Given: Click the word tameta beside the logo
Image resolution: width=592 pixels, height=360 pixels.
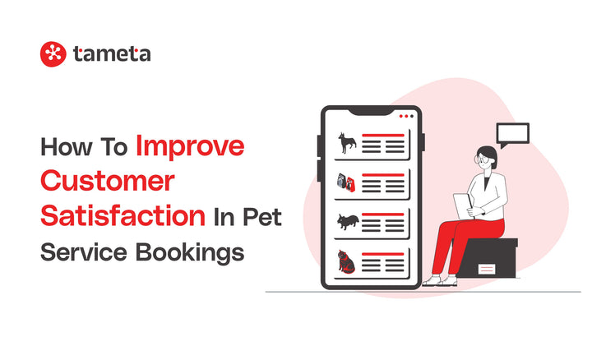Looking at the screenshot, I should pos(111,54).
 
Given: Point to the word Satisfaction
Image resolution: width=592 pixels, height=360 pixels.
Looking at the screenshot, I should pos(123,215).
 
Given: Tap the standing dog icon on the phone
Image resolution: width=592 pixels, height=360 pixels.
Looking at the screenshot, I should pos(347,144).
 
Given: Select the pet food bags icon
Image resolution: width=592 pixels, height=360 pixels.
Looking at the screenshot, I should pos(346,182).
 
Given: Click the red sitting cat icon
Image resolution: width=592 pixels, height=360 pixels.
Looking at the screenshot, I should pos(346,262).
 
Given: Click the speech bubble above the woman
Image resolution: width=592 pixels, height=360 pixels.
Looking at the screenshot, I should pos(512,135).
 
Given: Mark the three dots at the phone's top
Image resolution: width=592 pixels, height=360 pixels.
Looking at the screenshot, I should pos(405,116).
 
